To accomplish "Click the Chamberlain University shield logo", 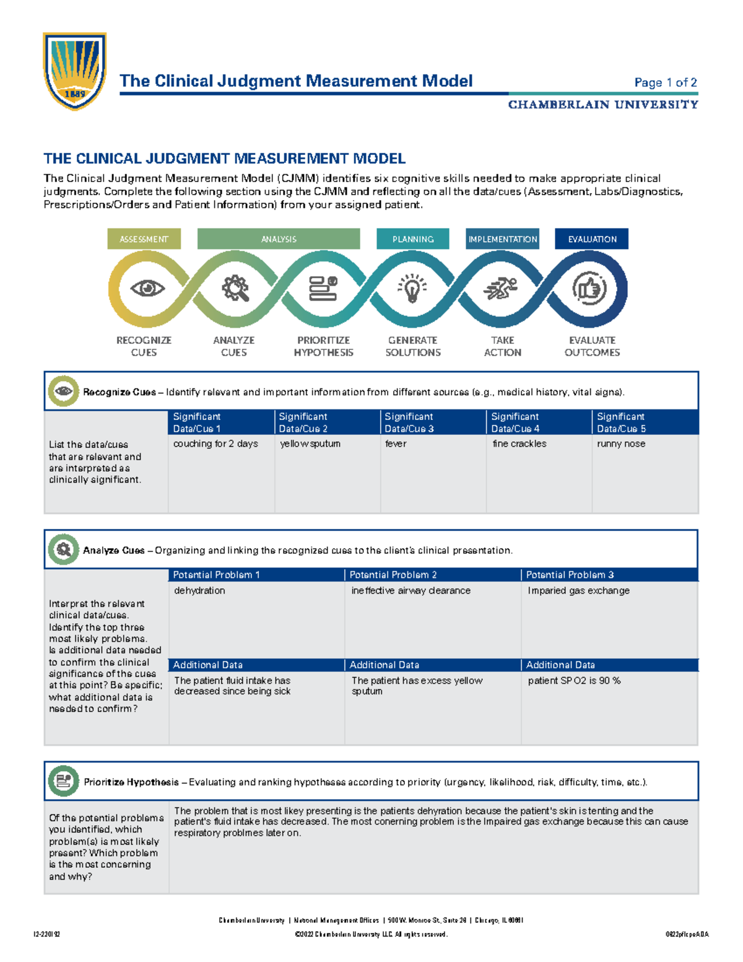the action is (x=74, y=71).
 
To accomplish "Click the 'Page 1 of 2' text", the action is (x=666, y=82).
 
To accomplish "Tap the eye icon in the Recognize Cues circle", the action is (x=147, y=288).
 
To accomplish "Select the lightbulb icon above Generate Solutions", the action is (x=412, y=289).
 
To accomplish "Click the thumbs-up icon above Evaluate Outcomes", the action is (x=589, y=289).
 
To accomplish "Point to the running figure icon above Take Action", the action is (x=501, y=289).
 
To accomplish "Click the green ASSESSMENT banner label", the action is (x=144, y=239).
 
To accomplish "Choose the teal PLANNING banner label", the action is (x=412, y=239).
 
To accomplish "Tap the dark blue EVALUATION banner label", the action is (x=592, y=239).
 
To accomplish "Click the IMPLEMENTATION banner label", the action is (x=503, y=239).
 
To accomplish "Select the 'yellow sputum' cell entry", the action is (x=310, y=444).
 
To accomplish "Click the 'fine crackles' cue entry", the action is (x=519, y=444).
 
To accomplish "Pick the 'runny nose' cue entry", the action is (x=621, y=444).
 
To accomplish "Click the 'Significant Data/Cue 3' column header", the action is (x=409, y=422).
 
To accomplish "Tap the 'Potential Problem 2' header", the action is (x=393, y=575).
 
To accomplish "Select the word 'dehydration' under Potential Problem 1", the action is (x=199, y=590).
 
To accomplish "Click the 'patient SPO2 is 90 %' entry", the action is (x=574, y=680).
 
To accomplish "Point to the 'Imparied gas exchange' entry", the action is (x=578, y=590).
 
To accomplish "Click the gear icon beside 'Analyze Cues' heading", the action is (x=63, y=549).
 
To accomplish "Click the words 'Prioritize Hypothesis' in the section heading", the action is (x=131, y=782).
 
